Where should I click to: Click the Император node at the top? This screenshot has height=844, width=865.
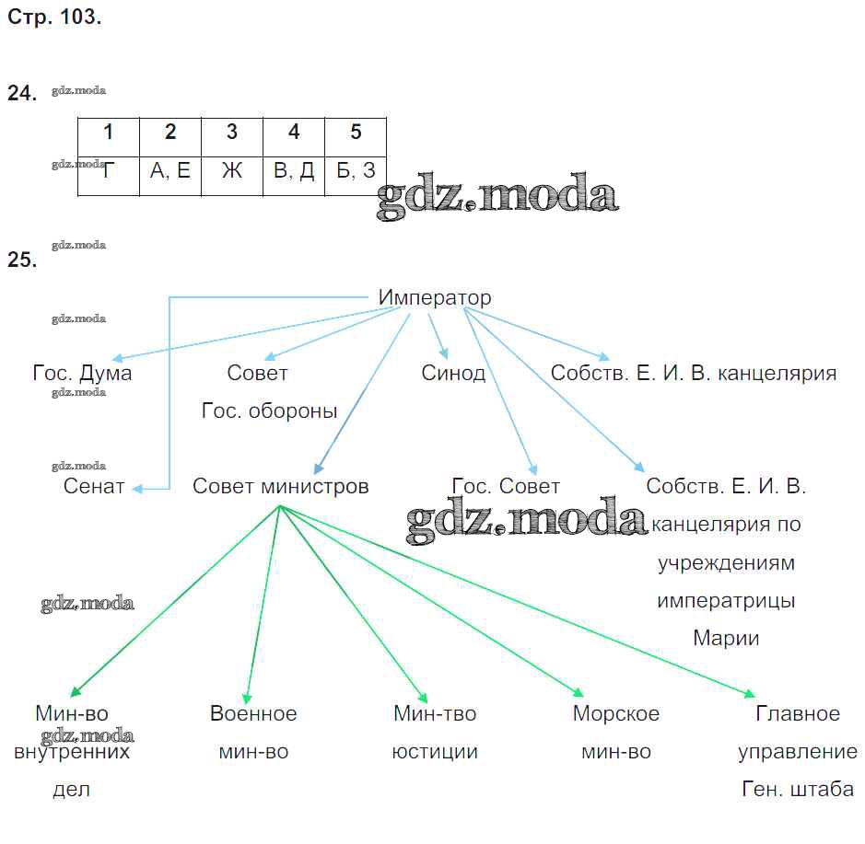point(435,298)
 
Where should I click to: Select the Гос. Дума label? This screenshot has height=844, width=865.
point(82,374)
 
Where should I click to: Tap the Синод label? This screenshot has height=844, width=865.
point(453,374)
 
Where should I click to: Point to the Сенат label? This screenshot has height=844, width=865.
point(94,487)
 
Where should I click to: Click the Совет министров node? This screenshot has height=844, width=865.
point(280,487)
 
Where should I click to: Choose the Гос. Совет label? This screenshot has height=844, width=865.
point(506,487)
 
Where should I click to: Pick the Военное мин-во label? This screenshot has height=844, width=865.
point(253,733)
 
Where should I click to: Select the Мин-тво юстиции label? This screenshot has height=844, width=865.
point(435,733)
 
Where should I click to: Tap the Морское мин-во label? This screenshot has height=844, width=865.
point(615,733)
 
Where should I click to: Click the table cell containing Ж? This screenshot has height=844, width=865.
point(231,171)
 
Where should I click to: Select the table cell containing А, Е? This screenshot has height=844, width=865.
point(170,171)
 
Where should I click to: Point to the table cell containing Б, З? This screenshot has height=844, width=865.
point(356,171)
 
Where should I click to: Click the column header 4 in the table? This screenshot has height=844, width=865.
point(294,133)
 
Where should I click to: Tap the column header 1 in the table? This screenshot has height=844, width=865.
point(108,133)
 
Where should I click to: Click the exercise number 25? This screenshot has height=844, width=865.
point(22,260)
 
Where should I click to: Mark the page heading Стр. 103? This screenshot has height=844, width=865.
point(53,17)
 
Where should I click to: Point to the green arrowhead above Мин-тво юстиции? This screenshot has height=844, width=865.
point(423,699)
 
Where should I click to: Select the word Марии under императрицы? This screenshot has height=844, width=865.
point(726,638)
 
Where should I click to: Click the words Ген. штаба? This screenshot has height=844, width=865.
point(798,790)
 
